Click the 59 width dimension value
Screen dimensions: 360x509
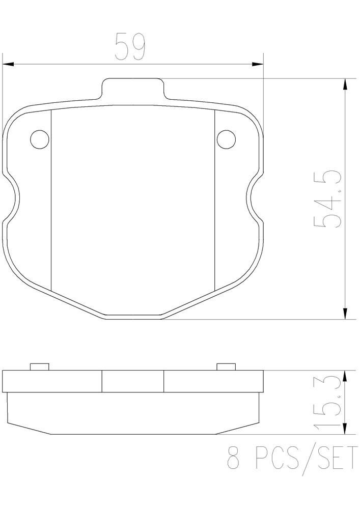[x=130, y=46]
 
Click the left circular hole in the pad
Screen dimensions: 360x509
[x=40, y=139]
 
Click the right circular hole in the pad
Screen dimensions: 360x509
[x=226, y=139]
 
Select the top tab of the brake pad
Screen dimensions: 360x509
[x=133, y=88]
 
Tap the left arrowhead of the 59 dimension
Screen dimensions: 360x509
[x=9, y=64]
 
